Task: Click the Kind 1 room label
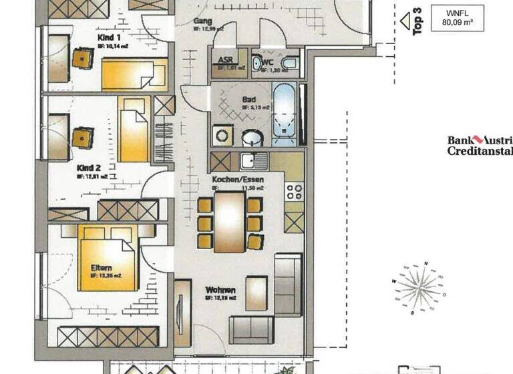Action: pyautogui.click(x=110, y=38)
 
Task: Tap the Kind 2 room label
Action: pyautogui.click(x=89, y=168)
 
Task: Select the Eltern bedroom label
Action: pyautogui.click(x=102, y=267)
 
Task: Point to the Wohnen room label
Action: pyautogui.click(x=220, y=291)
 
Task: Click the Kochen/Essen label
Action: pyautogui.click(x=238, y=180)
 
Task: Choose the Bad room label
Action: pyautogui.click(x=249, y=101)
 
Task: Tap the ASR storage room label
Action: pyautogui.click(x=226, y=60)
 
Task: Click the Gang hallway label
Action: pyautogui.click(x=203, y=21)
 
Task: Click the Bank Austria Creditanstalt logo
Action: pyautogui.click(x=480, y=145)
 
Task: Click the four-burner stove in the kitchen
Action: pyautogui.click(x=294, y=192)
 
